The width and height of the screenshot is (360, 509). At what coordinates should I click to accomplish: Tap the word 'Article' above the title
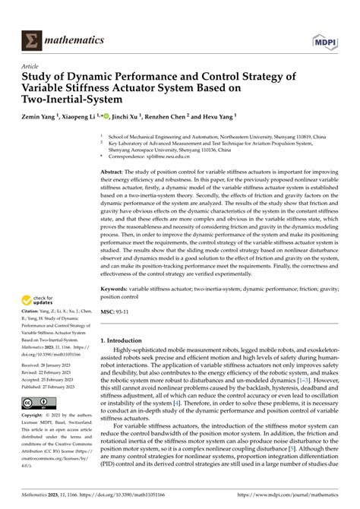click(30, 65)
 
